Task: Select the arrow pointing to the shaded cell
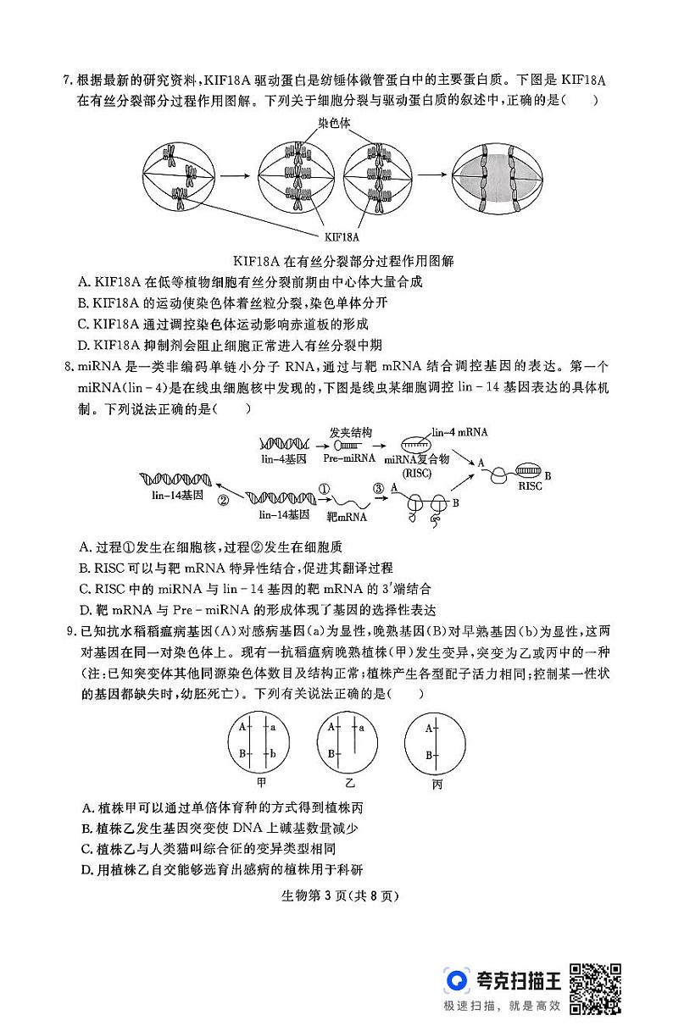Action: pos(431,176)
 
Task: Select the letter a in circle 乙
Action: pos(362,727)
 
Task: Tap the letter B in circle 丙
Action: pos(428,755)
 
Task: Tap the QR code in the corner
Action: pos(594,988)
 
